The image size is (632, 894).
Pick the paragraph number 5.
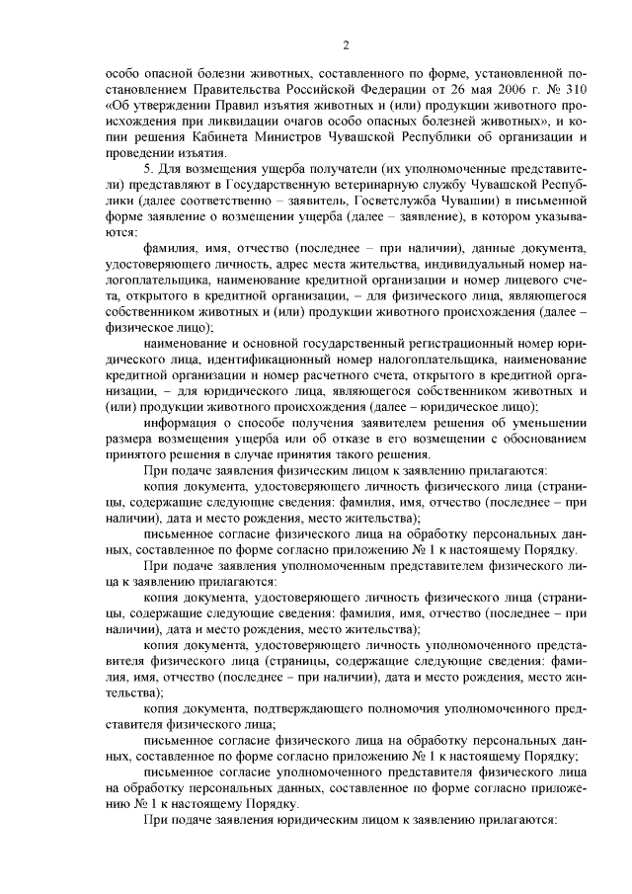[149, 170]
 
